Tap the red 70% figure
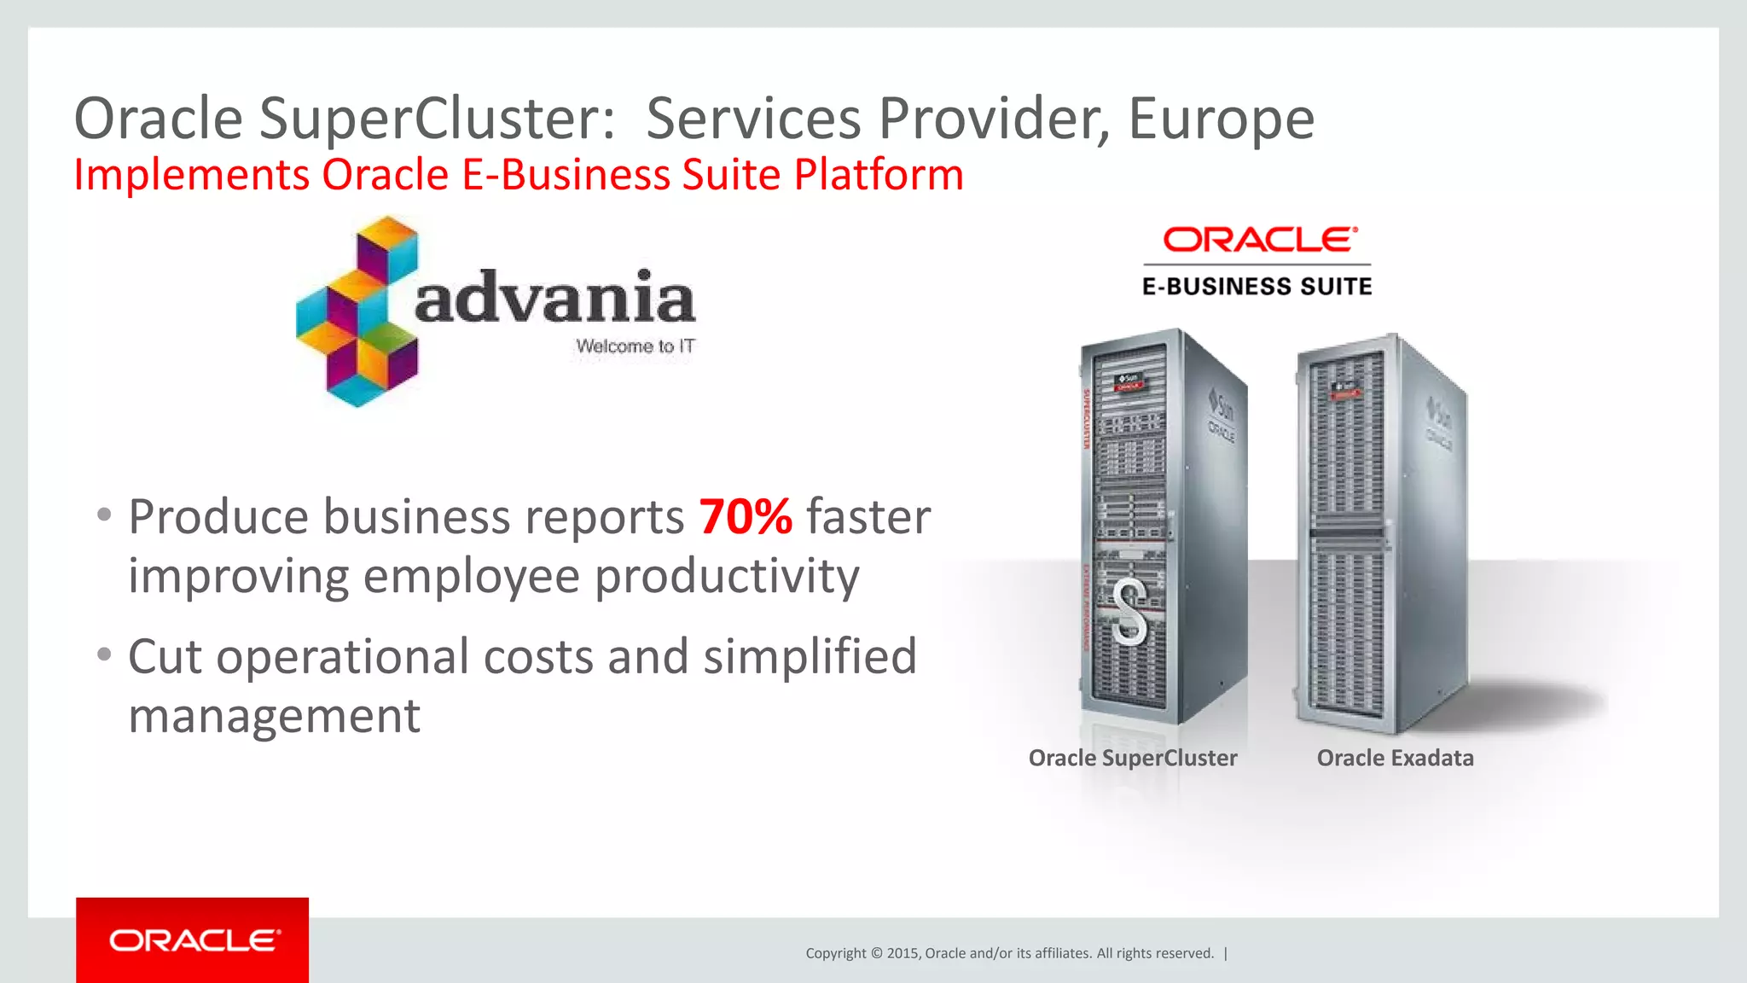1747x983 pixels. coord(746,516)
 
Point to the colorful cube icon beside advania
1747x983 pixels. coord(357,311)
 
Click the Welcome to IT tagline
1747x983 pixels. coord(635,346)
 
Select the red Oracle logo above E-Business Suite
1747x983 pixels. coord(1259,240)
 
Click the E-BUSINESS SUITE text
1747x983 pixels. coord(1257,287)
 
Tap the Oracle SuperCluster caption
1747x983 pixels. coord(1132,758)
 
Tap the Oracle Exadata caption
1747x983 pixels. coord(1395,758)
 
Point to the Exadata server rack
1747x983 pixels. coord(1380,533)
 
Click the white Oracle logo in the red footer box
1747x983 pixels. coord(194,940)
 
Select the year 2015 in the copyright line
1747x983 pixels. coord(902,953)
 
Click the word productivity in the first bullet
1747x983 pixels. coord(727,577)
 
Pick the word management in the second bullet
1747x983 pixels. coord(274,715)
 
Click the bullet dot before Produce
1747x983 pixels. coord(104,515)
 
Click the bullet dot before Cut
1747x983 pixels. coord(104,654)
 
